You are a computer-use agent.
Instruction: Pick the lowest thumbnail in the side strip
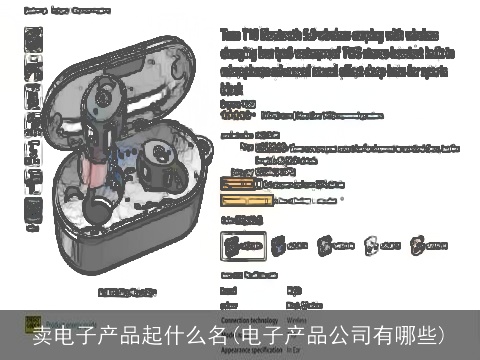[x=33, y=210]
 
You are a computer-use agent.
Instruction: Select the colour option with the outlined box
[x=243, y=244]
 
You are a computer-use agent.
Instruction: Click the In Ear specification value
[x=294, y=350]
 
